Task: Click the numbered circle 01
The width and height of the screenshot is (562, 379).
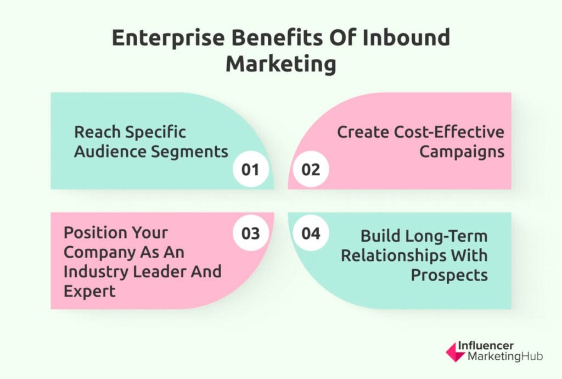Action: click(250, 169)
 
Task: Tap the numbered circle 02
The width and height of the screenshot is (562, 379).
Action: click(311, 169)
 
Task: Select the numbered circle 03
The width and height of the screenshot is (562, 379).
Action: click(250, 233)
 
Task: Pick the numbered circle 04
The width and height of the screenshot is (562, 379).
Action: click(311, 233)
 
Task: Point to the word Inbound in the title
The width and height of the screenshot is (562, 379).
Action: click(406, 37)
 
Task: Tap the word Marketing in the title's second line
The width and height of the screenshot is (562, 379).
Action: click(281, 65)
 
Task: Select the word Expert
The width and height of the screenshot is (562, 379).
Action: click(89, 292)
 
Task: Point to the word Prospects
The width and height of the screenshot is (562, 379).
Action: click(449, 276)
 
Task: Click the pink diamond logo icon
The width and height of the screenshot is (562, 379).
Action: click(455, 352)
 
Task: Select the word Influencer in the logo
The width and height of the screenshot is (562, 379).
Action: click(486, 345)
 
